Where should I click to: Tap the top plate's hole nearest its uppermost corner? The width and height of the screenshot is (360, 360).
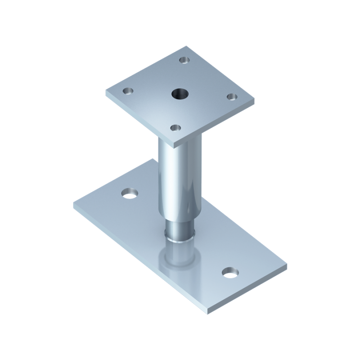pos(184,60)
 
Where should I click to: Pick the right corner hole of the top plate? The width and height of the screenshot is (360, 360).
pos(231,97)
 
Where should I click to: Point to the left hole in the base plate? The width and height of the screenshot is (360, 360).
pos(130,194)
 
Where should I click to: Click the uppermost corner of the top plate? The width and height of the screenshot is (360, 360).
pos(189,46)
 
